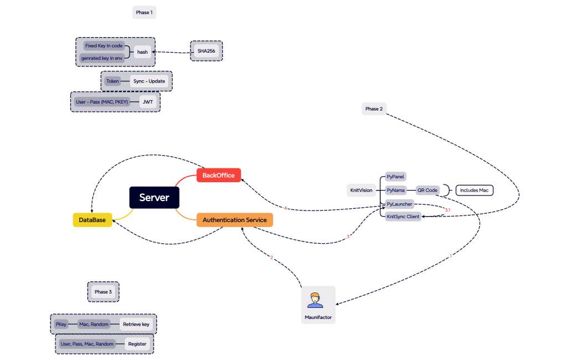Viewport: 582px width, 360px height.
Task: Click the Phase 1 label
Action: point(144,12)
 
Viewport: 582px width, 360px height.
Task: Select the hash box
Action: point(142,52)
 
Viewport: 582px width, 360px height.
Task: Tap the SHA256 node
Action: point(206,51)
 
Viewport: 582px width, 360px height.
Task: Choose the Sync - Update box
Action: point(149,81)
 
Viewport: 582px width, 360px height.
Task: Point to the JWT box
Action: point(148,102)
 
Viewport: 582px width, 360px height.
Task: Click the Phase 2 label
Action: point(374,109)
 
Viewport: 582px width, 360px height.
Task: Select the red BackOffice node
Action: point(218,176)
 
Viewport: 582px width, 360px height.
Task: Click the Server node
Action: point(154,198)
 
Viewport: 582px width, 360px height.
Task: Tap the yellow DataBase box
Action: point(92,220)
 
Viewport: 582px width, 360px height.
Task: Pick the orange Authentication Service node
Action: point(234,220)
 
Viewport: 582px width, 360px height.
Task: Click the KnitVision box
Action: point(361,191)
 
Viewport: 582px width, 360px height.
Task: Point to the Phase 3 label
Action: point(103,292)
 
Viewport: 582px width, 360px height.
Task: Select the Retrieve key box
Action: point(136,324)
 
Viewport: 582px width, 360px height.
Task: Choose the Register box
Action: point(137,344)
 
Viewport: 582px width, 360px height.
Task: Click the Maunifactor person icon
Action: point(315,300)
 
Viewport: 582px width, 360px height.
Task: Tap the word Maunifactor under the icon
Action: point(318,317)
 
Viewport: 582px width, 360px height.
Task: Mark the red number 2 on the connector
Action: point(272,257)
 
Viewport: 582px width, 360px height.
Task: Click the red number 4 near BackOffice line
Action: point(285,208)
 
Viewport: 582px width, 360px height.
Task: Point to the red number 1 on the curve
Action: point(451,256)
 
